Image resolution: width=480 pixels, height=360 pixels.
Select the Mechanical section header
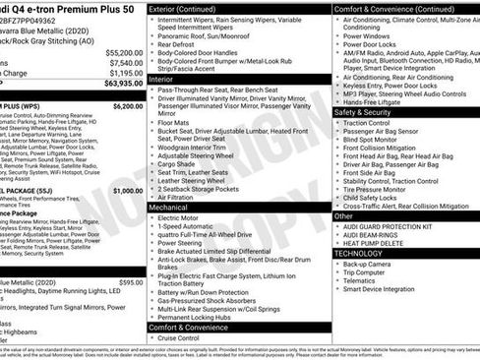168,209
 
